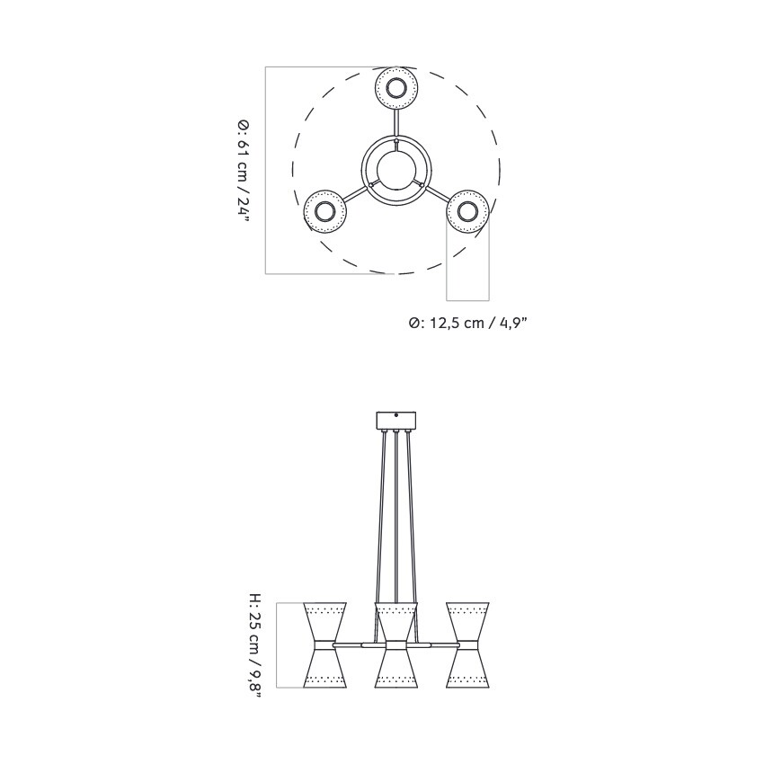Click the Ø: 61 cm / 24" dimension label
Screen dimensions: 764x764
(x=243, y=170)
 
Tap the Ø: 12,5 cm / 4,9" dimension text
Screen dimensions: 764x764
(x=467, y=323)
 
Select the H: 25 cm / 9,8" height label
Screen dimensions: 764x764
(x=255, y=645)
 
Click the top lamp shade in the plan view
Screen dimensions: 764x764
(x=395, y=88)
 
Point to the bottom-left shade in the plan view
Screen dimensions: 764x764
(x=324, y=212)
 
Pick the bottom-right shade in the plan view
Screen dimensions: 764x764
(x=467, y=212)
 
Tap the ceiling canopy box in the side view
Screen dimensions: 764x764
(x=396, y=421)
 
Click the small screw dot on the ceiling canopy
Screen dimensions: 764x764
(x=396, y=415)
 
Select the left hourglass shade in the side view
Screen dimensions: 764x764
(x=324, y=645)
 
